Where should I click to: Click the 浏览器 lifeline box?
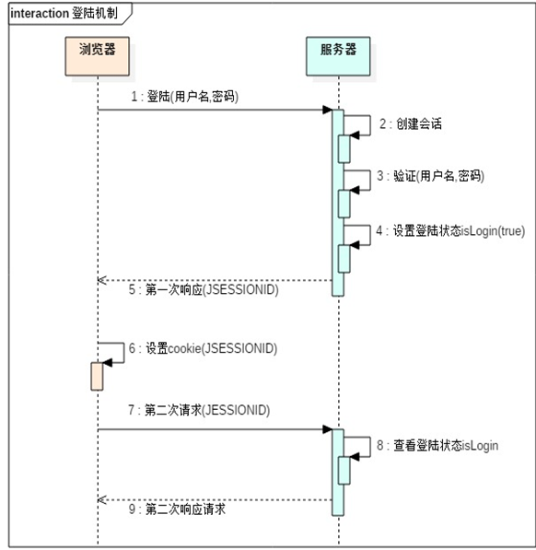pos(97,55)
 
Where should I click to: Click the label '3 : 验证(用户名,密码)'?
pos(428,175)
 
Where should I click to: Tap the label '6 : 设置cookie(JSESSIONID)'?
pos(203,349)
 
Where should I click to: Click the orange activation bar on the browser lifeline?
pos(96,376)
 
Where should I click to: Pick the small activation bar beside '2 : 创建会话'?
pos(344,148)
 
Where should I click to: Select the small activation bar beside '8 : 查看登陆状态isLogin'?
pos(344,470)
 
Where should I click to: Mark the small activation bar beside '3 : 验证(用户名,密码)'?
pos(344,203)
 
